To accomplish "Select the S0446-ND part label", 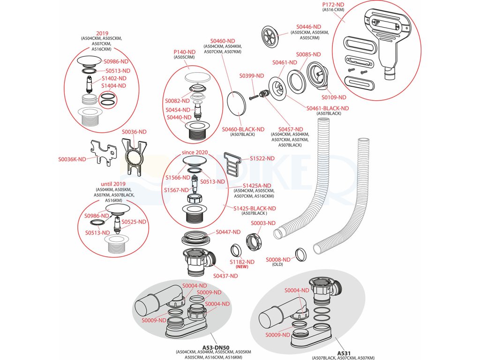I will point(308,27).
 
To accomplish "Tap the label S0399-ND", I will point(251,76).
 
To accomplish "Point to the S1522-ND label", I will point(262,159).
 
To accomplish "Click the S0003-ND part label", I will point(263,223).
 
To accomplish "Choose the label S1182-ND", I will point(242,262).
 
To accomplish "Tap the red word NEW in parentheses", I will point(242,267).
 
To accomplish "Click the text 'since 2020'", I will point(195,153).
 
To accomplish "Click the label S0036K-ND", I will point(72,159).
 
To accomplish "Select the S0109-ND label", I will point(333,97).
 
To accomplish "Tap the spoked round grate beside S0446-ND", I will point(270,37).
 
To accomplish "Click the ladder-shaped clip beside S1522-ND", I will point(232,162).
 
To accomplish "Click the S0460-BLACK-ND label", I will point(243,129).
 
